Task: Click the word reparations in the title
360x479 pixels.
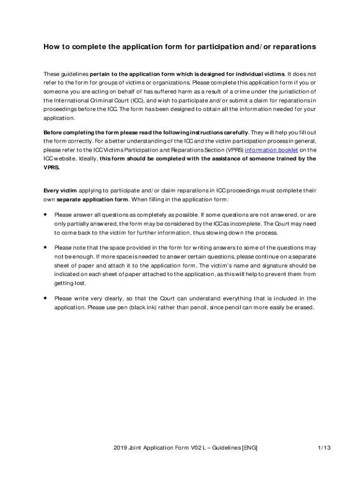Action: pos(294,47)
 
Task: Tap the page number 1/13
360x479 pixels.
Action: pos(324,448)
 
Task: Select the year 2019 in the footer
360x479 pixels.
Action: pos(120,448)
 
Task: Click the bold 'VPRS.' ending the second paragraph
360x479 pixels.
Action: pos(51,167)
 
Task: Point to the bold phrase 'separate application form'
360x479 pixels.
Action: pos(92,200)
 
